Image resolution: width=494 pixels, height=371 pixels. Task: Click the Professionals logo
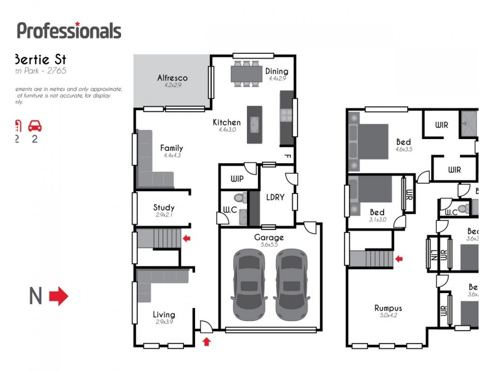[69, 30]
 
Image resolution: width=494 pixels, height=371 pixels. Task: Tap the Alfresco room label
[172, 78]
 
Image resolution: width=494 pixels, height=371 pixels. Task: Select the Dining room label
[277, 71]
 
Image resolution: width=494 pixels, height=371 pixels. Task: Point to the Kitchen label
[227, 122]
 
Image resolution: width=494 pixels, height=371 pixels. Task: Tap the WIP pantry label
[238, 179]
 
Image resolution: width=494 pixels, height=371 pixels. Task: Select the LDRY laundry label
[275, 197]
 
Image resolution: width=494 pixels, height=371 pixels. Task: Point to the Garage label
[269, 237]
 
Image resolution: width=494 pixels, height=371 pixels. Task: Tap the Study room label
[164, 208]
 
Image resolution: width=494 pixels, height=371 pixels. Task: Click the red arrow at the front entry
[206, 341]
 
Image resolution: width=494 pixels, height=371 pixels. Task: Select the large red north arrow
[59, 296]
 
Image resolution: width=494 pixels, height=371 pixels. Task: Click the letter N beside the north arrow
[36, 297]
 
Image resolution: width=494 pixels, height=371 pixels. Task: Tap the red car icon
[35, 126]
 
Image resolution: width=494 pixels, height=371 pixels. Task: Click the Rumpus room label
[388, 308]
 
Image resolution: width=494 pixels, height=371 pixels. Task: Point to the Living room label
[164, 315]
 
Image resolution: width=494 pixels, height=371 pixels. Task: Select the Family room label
[171, 148]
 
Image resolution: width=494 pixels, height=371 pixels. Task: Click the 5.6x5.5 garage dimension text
[269, 245]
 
